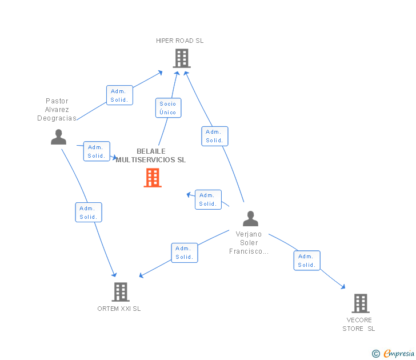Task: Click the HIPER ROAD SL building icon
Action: pos(181,58)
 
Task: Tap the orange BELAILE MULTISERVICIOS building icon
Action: pos(153,178)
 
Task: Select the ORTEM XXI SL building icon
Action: pos(120,292)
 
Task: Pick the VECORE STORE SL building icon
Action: pos(360,303)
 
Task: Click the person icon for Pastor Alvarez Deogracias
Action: pos(58,137)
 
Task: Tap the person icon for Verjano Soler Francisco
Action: pos(250,219)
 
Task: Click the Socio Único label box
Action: pos(168,108)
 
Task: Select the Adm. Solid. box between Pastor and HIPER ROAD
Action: pos(119,95)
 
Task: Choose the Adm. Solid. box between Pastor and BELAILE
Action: pos(96,151)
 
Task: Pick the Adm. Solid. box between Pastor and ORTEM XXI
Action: pos(89,213)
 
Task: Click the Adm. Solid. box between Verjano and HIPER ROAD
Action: pos(215,136)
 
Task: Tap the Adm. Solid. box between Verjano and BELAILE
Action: pos(208,199)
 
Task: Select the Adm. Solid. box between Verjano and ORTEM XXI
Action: pos(185,253)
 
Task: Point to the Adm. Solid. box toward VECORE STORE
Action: pos(307,261)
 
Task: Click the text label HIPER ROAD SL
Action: pos(180,41)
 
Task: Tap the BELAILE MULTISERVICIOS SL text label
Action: pos(151,156)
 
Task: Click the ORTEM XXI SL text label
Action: pos(119,309)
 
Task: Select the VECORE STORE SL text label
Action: pos(359,324)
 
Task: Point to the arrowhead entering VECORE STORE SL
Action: pos(343,287)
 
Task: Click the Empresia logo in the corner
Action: pos(394,354)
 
